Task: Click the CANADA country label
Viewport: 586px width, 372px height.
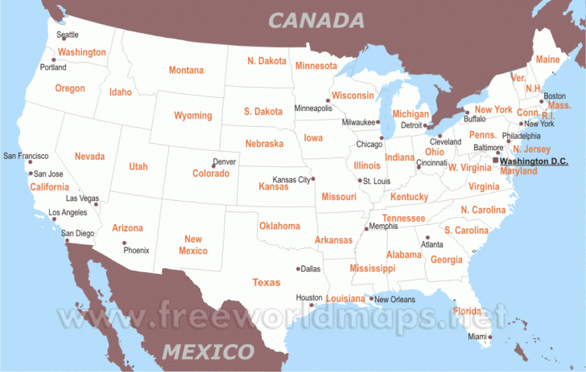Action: tap(316, 20)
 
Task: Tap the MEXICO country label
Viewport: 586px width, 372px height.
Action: tap(208, 351)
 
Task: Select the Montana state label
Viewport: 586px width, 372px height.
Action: tap(186, 71)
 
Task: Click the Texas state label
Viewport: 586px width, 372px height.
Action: tap(266, 282)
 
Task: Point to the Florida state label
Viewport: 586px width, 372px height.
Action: tap(468, 311)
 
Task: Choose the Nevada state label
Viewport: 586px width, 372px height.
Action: tap(89, 156)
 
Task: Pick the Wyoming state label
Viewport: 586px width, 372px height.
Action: tap(193, 116)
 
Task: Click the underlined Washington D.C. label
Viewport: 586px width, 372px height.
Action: tap(533, 161)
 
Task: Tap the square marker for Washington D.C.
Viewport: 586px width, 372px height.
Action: tap(495, 161)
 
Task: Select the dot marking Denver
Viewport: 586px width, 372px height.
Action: tap(213, 166)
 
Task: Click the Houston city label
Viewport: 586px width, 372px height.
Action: tap(309, 297)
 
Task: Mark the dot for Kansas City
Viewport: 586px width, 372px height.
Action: tap(313, 179)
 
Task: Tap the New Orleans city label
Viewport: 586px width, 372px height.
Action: tap(394, 299)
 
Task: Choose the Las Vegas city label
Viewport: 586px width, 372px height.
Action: tap(82, 198)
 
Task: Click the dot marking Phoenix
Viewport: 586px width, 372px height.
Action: tap(124, 243)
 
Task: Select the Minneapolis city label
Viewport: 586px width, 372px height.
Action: tap(313, 108)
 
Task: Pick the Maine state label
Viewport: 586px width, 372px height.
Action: tap(547, 59)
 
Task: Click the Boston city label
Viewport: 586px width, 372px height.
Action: tap(555, 96)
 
